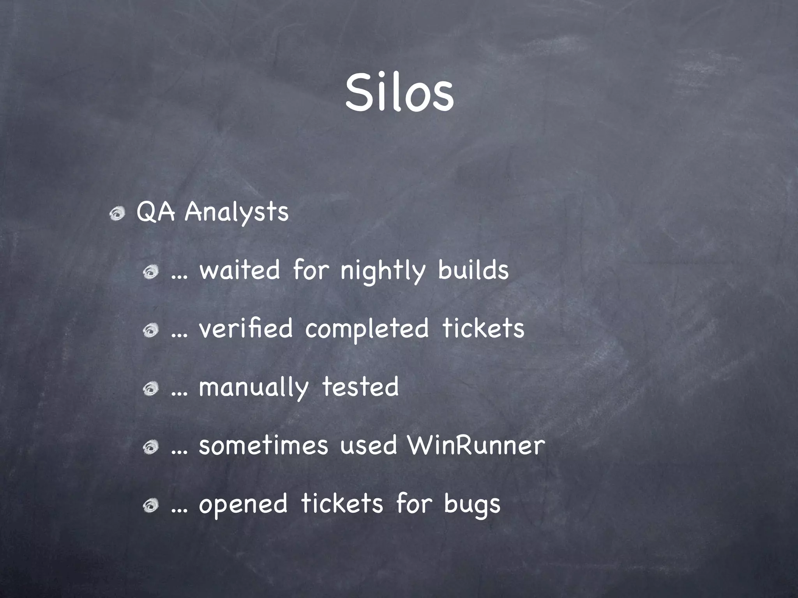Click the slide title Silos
point(399,93)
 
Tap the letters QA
point(155,213)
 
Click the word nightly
point(383,271)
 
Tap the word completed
point(367,329)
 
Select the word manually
point(253,388)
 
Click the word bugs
point(472,505)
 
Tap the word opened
point(243,505)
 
